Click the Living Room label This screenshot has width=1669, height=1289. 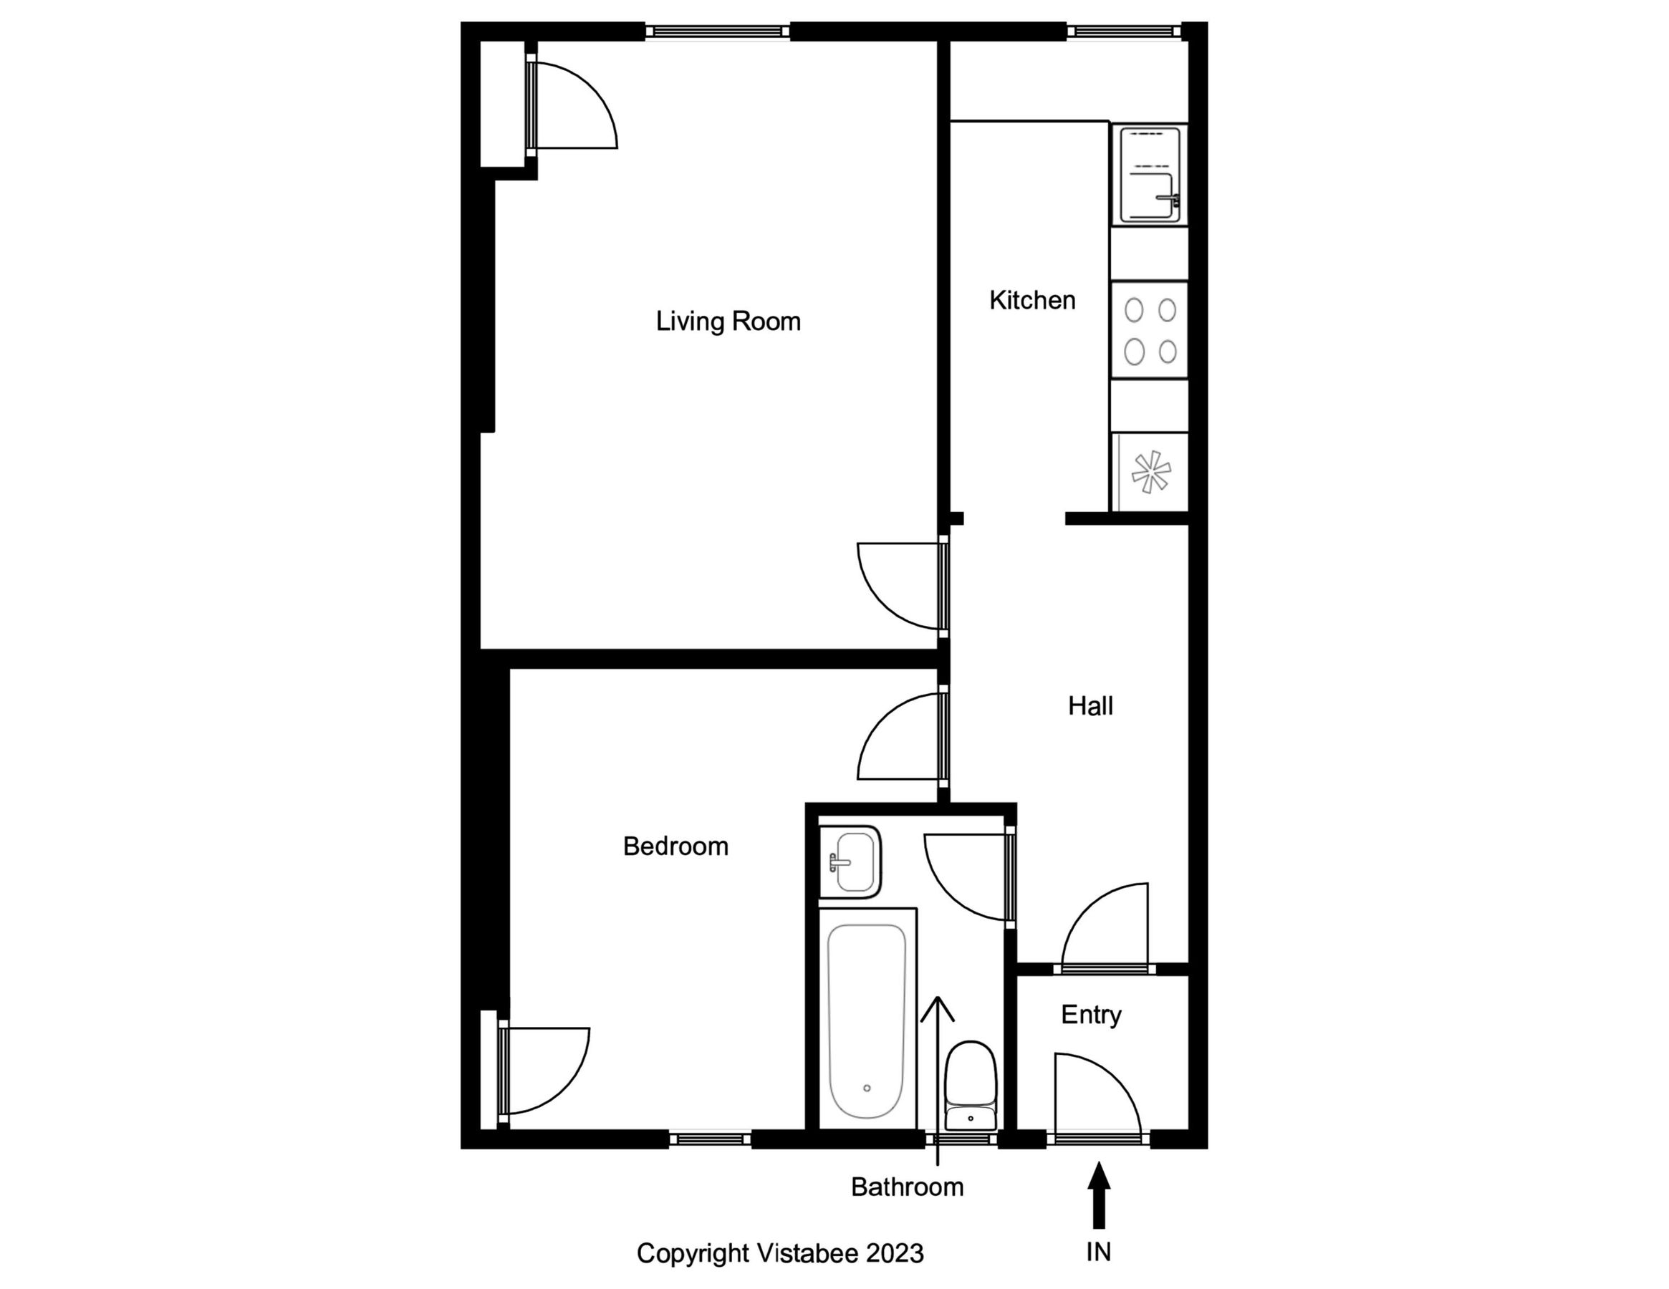(728, 321)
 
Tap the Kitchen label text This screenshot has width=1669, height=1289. (1031, 300)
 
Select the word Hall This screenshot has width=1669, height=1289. (1090, 706)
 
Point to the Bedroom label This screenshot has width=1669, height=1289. (675, 846)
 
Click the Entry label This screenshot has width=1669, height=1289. (1090, 1015)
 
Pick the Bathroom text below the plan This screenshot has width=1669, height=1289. (907, 1187)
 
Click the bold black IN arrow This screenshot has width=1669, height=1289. (1099, 1195)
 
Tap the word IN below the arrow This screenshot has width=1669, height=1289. (1099, 1252)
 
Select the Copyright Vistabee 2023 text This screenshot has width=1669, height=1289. (780, 1253)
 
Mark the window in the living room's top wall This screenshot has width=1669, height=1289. (718, 32)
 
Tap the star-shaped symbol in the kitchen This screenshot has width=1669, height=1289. (1150, 472)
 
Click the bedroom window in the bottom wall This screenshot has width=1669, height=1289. (710, 1139)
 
